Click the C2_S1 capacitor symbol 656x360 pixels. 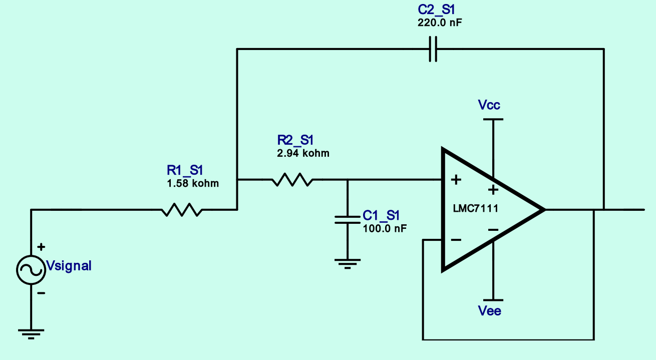[433, 49]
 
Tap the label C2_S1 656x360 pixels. [436, 10]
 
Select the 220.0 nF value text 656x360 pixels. [440, 23]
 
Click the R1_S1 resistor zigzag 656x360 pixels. [182, 210]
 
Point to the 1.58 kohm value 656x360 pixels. [193, 183]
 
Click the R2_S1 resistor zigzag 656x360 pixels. [292, 180]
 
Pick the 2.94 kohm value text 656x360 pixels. [303, 153]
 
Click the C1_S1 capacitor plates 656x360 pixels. [348, 220]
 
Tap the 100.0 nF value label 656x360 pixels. [385, 228]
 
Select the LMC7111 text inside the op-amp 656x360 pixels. [476, 209]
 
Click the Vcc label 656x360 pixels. [489, 105]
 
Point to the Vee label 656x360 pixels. [489, 311]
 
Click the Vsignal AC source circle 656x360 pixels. [31, 270]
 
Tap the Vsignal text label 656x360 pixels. [69, 266]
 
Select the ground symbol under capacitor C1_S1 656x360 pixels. [348, 264]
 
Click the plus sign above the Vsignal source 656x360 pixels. [41, 247]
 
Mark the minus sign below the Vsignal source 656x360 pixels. [41, 293]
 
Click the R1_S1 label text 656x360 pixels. [185, 170]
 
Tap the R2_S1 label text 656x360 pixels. [295, 140]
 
